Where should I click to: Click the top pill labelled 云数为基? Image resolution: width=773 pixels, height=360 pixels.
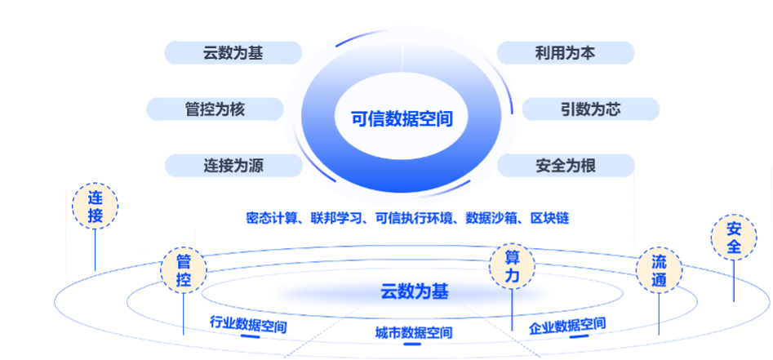[x=233, y=54]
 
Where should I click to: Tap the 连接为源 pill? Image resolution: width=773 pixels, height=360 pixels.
[x=233, y=166]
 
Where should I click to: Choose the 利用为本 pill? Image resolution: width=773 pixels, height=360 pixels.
[x=565, y=54]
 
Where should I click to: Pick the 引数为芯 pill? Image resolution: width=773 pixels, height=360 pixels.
[x=590, y=109]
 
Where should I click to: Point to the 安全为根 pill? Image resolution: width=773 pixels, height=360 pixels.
[x=565, y=166]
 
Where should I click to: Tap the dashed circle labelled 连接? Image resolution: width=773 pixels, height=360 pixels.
[x=96, y=207]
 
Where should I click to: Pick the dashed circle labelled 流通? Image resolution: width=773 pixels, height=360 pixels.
[x=660, y=271]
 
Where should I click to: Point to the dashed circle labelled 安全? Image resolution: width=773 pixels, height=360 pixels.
[x=734, y=237]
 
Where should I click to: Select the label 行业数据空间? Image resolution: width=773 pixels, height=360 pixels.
[x=248, y=324]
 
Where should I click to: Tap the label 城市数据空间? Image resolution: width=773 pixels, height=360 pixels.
[x=413, y=333]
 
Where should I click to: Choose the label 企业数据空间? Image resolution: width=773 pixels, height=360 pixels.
[x=567, y=325]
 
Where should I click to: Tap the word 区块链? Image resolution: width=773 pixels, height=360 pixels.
[x=549, y=219]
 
